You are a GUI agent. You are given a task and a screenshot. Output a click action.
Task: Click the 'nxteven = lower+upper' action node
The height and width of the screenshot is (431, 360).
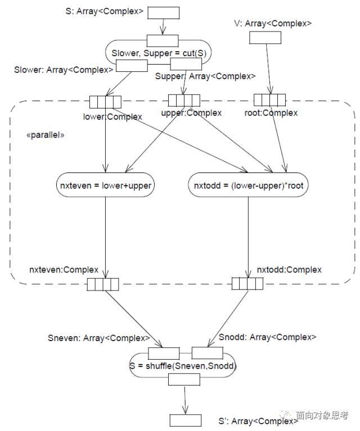(105, 185)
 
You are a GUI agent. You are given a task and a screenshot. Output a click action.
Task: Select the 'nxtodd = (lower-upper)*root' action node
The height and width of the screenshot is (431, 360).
(248, 185)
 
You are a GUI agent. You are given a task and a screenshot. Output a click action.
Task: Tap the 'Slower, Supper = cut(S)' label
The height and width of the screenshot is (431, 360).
(159, 53)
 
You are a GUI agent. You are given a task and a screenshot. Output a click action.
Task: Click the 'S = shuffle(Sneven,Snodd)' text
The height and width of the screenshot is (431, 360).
(182, 366)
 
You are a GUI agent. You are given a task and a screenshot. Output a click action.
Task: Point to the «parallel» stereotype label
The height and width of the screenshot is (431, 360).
(46, 135)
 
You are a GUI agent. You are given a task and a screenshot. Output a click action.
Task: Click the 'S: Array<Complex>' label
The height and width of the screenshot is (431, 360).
(105, 11)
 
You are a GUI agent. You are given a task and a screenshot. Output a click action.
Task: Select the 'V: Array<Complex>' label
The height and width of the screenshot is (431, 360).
(273, 24)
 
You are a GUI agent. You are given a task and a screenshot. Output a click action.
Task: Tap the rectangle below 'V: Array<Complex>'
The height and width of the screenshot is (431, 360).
(265, 38)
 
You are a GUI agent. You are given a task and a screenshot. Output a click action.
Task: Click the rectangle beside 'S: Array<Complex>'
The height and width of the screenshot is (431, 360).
(164, 13)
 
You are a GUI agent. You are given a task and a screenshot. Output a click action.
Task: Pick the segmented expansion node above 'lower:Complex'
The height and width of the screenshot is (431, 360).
(105, 102)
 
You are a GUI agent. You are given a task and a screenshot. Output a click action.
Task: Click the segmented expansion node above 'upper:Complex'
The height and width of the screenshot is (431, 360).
(184, 101)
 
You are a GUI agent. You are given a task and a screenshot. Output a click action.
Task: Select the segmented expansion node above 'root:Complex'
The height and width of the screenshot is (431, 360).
(269, 100)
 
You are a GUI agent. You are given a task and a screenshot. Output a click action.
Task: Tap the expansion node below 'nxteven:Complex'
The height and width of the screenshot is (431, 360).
(103, 284)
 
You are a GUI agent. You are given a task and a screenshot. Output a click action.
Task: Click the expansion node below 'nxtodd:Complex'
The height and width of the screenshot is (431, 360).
(247, 284)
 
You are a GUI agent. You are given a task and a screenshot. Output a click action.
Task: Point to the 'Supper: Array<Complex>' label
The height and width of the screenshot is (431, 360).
(205, 76)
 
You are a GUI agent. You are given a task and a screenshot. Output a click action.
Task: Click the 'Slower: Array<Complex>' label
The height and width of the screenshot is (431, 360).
(64, 70)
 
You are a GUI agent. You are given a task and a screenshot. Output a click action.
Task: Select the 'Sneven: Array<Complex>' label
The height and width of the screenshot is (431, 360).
(99, 338)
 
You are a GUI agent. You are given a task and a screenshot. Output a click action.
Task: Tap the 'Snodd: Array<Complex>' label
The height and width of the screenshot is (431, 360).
(268, 337)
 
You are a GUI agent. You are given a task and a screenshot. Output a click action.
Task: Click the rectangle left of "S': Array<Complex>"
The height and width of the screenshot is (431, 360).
(185, 420)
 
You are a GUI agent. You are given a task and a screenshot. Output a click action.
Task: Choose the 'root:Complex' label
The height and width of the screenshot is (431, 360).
(271, 113)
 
